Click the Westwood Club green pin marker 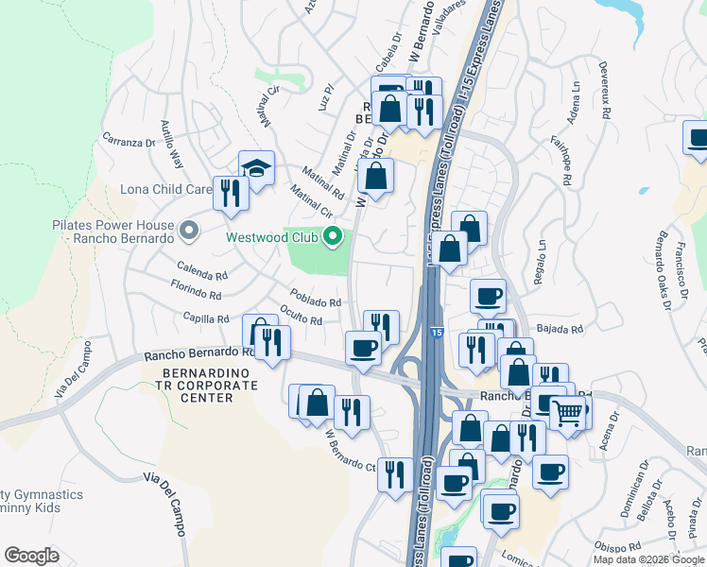332,236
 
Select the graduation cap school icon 256,168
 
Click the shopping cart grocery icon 566,412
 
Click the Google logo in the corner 31,556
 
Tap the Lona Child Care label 166,189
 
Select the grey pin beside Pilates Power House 189,230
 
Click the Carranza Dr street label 129,142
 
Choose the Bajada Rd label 559,329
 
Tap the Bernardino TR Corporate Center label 198,386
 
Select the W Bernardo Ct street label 352,454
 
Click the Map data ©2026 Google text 649,559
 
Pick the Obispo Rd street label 620,544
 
